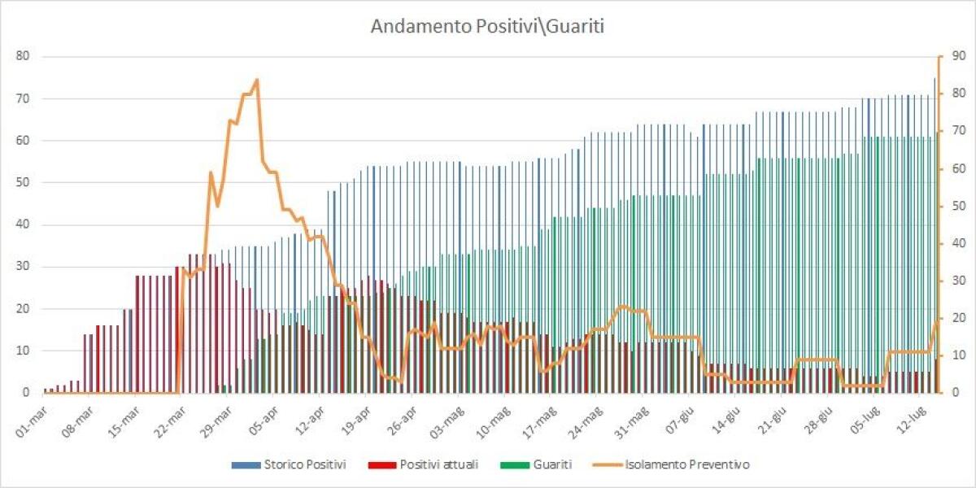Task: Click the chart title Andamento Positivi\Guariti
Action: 487,26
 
